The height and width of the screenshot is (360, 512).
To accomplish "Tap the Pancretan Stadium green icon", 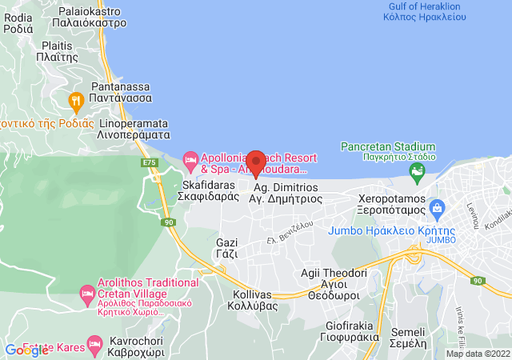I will [x=417, y=171].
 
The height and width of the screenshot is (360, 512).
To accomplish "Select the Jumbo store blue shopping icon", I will [x=438, y=210].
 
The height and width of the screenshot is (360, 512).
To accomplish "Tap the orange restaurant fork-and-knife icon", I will [x=77, y=101].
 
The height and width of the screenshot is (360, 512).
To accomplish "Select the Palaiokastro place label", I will [x=92, y=18].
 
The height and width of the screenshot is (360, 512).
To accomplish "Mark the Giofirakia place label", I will [x=353, y=331].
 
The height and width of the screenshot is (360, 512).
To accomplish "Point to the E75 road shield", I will [x=149, y=163].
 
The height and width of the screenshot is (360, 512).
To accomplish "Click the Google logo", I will [x=26, y=350].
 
